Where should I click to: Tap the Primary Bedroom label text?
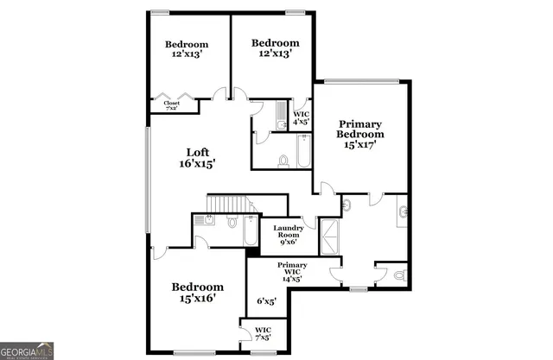(x=360, y=129)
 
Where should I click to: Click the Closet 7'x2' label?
(x=171, y=104)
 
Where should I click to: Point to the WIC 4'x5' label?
(x=301, y=117)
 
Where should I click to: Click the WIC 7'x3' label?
(x=263, y=332)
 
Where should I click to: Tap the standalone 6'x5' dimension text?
(x=266, y=301)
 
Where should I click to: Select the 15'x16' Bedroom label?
(x=197, y=292)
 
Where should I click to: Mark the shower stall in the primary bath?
(x=329, y=237)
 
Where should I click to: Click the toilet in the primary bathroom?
(x=398, y=275)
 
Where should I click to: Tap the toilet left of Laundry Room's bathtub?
(x=232, y=222)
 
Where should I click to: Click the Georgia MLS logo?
(x=29, y=351)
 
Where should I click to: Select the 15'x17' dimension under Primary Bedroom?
(x=360, y=146)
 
